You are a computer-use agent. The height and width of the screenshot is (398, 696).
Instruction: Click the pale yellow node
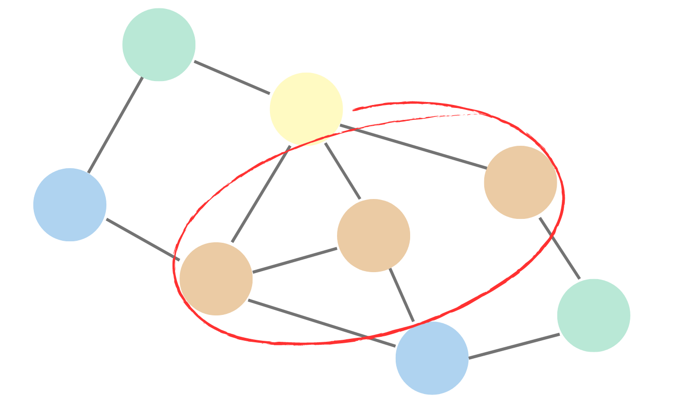pyautogui.click(x=306, y=109)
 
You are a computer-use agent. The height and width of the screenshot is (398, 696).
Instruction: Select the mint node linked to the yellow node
pyautogui.click(x=159, y=45)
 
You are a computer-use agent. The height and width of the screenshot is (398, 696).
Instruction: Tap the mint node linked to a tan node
pyautogui.click(x=594, y=315)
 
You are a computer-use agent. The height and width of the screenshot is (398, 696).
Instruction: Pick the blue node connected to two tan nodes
pyautogui.click(x=432, y=358)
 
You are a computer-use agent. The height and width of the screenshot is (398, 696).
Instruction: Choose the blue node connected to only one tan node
pyautogui.click(x=70, y=205)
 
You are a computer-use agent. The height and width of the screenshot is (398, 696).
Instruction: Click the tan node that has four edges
pyautogui.click(x=216, y=279)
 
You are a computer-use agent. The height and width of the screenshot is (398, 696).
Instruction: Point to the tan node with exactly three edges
pyautogui.click(x=374, y=236)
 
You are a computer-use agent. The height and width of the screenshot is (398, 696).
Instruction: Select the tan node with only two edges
pyautogui.click(x=521, y=183)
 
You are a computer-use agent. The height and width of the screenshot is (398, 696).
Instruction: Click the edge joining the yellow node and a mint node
pyautogui.click(x=232, y=77)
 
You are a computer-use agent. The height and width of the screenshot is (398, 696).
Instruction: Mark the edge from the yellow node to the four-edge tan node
pyautogui.click(x=261, y=195)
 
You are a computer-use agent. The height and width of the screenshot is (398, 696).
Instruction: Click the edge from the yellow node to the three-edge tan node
pyautogui.click(x=343, y=172)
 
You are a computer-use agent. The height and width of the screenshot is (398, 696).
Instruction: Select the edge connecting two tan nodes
pyautogui.click(x=295, y=260)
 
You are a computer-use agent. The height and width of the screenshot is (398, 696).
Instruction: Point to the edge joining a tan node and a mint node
pyautogui.click(x=560, y=248)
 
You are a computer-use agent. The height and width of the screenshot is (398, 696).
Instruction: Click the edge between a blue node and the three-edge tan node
pyautogui.click(x=402, y=296)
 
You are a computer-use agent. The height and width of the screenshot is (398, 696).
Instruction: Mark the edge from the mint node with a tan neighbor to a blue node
pyautogui.click(x=514, y=346)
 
